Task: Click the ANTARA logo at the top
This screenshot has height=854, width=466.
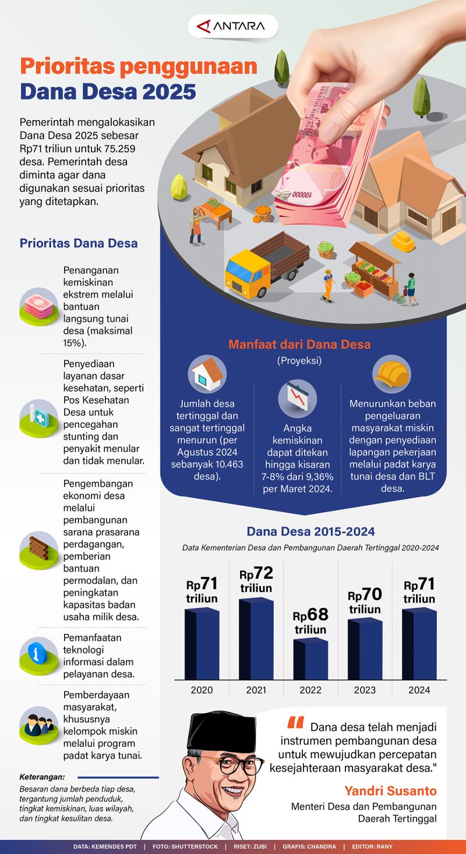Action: point(233,26)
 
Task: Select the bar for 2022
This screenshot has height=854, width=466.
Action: point(310,659)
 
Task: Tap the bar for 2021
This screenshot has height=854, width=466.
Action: point(256,639)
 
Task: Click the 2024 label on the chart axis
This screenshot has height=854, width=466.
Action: point(419,690)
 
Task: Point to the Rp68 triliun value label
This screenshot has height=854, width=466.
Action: point(310,622)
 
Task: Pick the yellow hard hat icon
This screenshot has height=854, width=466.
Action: point(391,373)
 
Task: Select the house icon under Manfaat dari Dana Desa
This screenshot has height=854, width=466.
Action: point(207,373)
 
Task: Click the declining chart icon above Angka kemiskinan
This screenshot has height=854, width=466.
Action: point(297,397)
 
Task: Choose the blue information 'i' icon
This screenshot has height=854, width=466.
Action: point(38,653)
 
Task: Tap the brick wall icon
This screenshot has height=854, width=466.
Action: point(38,547)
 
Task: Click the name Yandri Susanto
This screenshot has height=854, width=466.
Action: point(390,791)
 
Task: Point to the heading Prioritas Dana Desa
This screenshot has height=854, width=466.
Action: point(79,243)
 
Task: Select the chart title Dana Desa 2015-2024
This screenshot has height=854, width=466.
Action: point(310,531)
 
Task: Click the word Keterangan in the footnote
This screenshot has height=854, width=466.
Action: point(42,777)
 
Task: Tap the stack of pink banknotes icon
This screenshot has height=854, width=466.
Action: point(38,304)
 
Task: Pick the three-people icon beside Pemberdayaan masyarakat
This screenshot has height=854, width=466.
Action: point(38,725)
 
